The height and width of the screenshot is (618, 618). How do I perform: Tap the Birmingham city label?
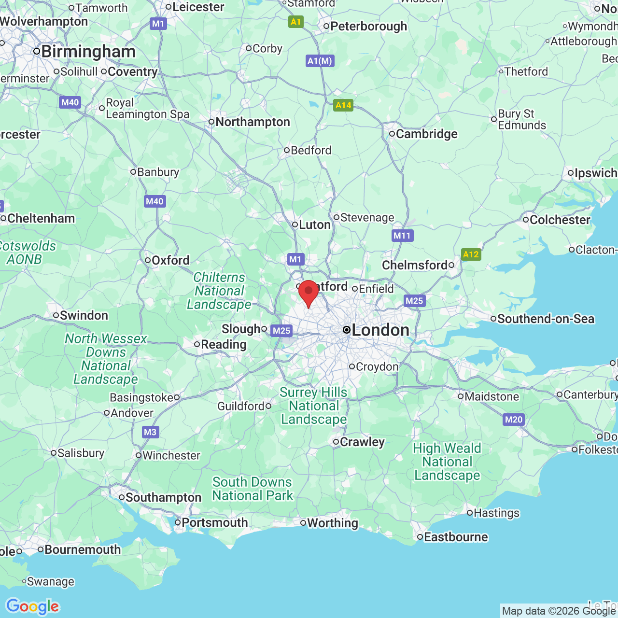(x=88, y=52)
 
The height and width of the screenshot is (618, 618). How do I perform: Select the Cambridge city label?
(x=426, y=134)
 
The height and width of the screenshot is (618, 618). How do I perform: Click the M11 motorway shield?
(x=402, y=236)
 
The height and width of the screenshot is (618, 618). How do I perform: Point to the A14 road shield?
(x=343, y=105)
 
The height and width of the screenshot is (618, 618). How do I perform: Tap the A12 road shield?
(x=471, y=254)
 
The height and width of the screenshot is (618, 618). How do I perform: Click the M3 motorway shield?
(x=150, y=432)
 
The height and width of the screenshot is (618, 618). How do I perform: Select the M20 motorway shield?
(x=514, y=420)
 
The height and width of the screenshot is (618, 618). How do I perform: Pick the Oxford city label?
(x=170, y=260)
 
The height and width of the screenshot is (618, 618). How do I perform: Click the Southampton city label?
(x=163, y=497)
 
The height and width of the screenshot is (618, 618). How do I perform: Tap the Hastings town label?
(x=496, y=513)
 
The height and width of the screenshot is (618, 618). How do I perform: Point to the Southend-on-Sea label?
(x=546, y=319)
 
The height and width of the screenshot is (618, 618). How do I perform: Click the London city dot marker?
(x=347, y=330)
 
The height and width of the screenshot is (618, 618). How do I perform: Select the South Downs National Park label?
(x=253, y=489)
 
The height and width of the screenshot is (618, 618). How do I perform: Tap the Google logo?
(x=32, y=606)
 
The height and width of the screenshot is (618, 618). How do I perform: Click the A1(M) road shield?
(x=320, y=61)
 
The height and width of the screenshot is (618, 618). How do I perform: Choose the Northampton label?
(x=253, y=122)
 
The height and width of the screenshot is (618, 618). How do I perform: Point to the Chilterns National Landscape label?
(x=220, y=291)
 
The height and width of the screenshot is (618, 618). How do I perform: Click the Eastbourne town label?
(x=456, y=537)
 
